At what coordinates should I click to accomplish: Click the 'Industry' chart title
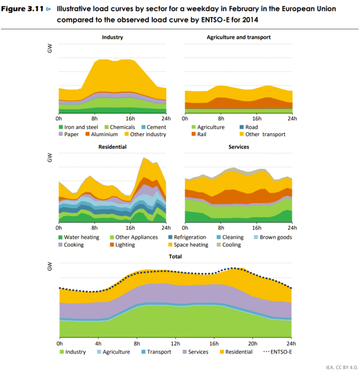112,37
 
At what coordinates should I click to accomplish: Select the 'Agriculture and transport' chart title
238,37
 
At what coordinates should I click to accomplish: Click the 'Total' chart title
175,256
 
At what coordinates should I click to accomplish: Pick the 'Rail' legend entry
202,134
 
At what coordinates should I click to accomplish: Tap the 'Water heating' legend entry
78,237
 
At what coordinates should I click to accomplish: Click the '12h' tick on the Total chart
175,343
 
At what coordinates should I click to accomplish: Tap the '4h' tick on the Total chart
98,343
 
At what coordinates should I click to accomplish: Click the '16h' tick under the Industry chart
130,119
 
